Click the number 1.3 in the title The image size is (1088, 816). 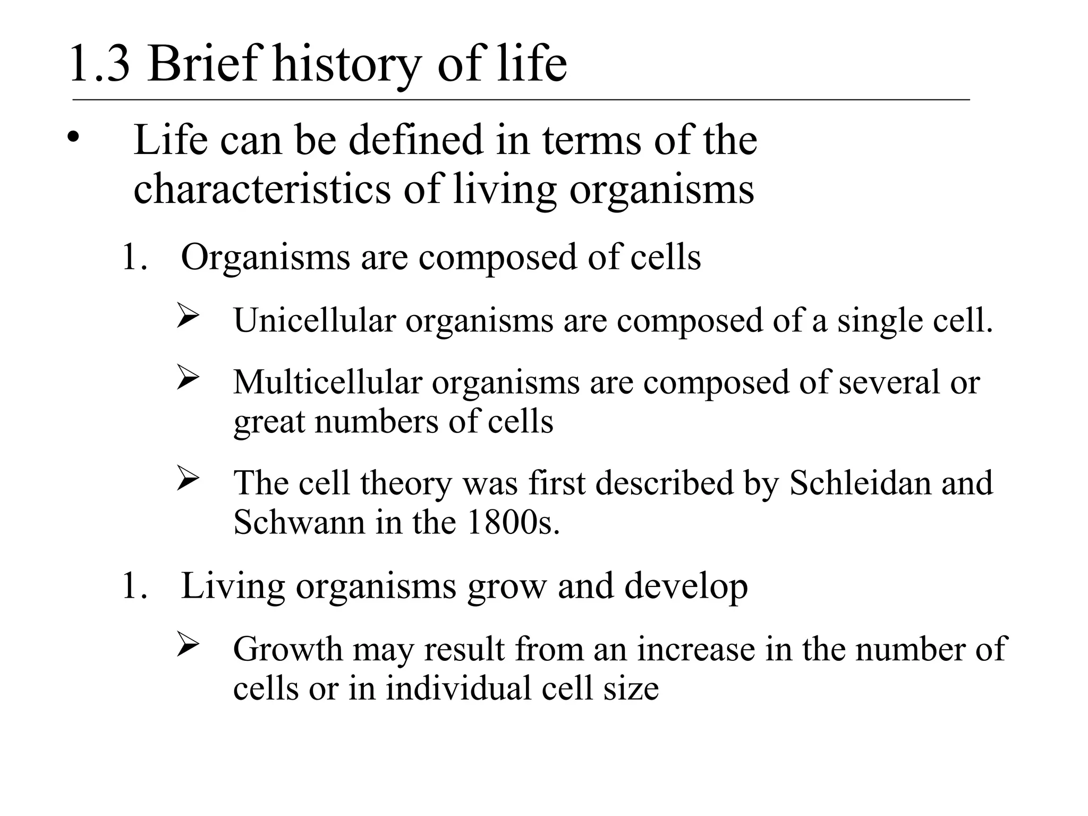pyautogui.click(x=99, y=65)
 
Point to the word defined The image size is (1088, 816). pyautogui.click(x=417, y=140)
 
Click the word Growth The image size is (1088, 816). pyautogui.click(x=288, y=649)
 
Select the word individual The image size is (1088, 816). pyautogui.click(x=458, y=688)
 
